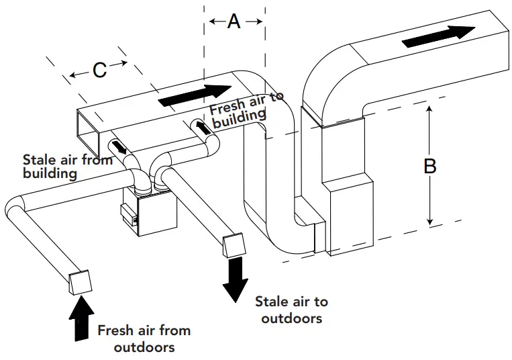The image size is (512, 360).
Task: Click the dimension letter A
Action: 234,21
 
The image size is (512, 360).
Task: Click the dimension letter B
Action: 430,166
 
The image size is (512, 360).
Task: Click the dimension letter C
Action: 99,69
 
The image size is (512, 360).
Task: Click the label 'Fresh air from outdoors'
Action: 144,338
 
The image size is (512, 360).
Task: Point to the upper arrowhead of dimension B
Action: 429,112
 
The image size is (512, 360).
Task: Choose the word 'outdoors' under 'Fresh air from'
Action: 144,347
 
